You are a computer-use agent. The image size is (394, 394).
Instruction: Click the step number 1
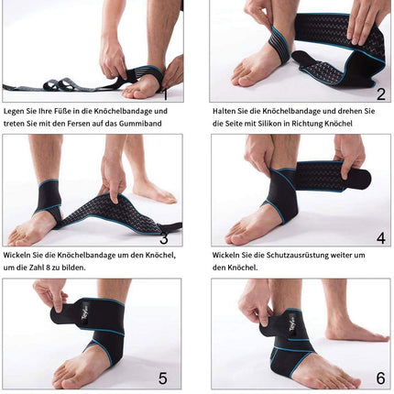point(165,94)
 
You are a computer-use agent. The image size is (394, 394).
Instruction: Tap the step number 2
point(381,94)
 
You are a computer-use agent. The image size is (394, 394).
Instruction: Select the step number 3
point(164,238)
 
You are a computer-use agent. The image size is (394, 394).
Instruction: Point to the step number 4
point(381,238)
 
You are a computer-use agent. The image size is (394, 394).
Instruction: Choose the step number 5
point(162,378)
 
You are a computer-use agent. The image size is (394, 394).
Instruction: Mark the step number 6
point(380,378)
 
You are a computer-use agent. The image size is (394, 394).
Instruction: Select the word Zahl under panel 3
point(37,268)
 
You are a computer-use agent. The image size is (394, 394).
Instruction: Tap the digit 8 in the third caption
point(48,268)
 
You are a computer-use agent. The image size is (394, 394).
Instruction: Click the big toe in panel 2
point(245,80)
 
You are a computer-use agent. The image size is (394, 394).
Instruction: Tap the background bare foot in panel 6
point(356,332)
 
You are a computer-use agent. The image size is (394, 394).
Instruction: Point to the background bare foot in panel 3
point(154,192)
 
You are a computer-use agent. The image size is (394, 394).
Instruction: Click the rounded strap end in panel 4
point(363,178)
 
